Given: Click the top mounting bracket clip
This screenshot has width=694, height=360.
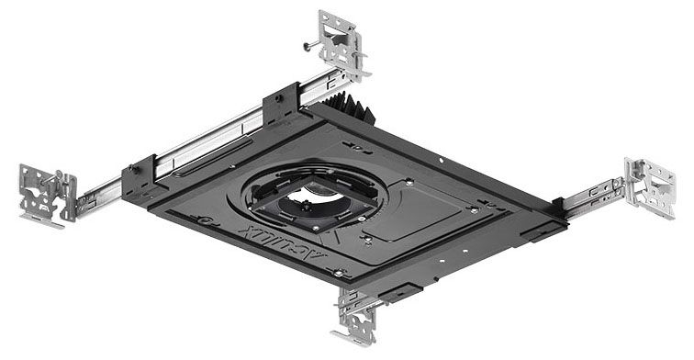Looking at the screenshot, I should click(341, 39).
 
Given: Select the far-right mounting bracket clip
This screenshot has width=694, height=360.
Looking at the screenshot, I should click(649, 188).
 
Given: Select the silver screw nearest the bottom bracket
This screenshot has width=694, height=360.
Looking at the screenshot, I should click(340, 273).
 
